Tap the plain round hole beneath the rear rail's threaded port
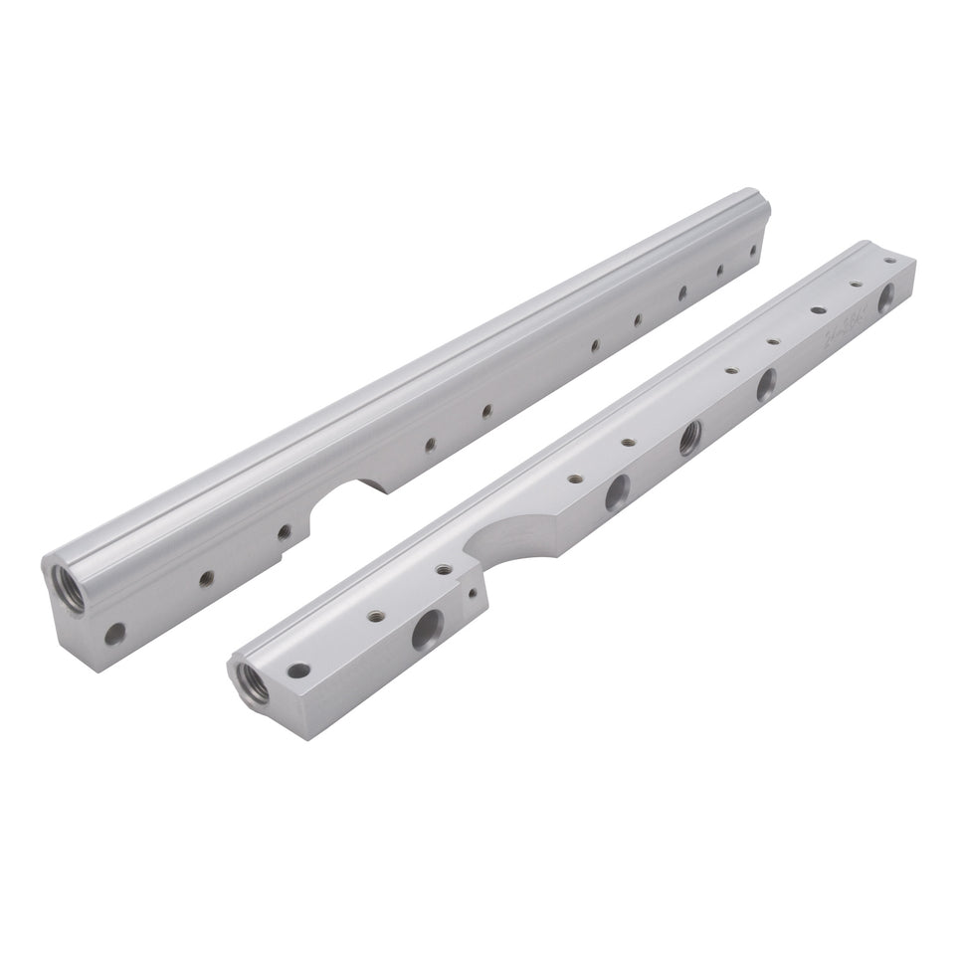click(x=114, y=631)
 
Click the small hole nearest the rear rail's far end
click(x=753, y=251)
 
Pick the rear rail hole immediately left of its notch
click(x=284, y=532)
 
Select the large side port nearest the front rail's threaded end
click(x=429, y=627)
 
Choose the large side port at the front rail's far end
click(x=885, y=295)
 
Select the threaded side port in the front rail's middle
click(x=689, y=438)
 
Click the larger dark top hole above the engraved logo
click(x=818, y=309)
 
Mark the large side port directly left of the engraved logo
click(x=767, y=385)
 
